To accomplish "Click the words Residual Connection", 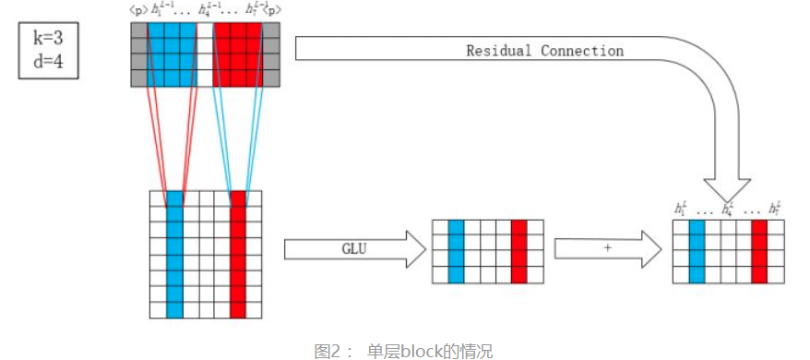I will (x=544, y=51).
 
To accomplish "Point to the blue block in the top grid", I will (x=172, y=54).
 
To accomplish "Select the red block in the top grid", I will (x=238, y=54).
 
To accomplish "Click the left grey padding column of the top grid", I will (x=139, y=54).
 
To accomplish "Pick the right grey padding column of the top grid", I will (x=270, y=54).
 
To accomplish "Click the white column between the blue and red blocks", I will (x=205, y=54).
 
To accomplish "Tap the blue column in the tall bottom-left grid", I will (x=173, y=254).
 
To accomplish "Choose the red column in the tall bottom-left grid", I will (x=238, y=254).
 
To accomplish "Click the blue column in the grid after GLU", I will (x=456, y=251).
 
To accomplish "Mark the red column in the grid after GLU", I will (x=519, y=251).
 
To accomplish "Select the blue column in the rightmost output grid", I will (x=697, y=251).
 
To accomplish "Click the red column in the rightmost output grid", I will (x=759, y=251).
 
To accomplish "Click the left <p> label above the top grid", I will (x=139, y=9).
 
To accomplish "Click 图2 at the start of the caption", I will (x=329, y=351).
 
